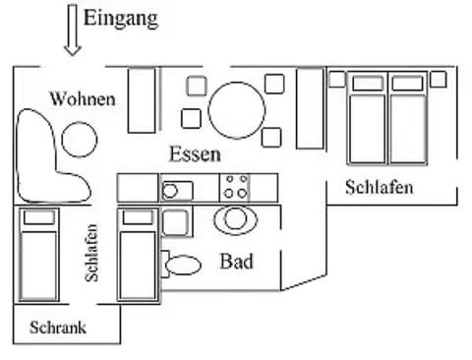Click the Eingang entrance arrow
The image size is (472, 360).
click(x=72, y=30)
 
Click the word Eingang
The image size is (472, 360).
click(x=121, y=18)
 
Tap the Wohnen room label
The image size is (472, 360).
click(x=83, y=99)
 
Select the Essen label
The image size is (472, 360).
click(x=194, y=154)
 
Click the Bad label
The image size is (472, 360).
click(x=236, y=262)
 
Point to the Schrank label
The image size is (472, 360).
click(x=58, y=328)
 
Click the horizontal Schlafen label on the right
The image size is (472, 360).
click(x=379, y=187)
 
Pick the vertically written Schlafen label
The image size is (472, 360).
click(x=91, y=253)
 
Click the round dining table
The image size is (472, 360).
click(x=234, y=107)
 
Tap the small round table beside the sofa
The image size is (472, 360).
click(x=80, y=140)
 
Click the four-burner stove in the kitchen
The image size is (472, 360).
click(x=236, y=187)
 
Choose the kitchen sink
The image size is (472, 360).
click(x=177, y=190)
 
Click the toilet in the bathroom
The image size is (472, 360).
click(x=182, y=264)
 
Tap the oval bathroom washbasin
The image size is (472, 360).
click(x=234, y=218)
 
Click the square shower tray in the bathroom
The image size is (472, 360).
click(x=175, y=222)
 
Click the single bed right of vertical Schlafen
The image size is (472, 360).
click(x=138, y=254)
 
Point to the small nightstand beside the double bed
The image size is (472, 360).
click(x=337, y=78)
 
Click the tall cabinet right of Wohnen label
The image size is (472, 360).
click(x=143, y=98)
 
